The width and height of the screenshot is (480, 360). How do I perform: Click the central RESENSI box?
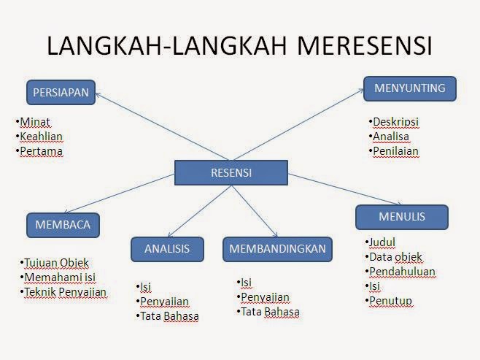pyautogui.click(x=231, y=172)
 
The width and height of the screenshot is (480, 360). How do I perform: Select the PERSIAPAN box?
pyautogui.click(x=61, y=92)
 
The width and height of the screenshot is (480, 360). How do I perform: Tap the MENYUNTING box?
pyautogui.click(x=410, y=88)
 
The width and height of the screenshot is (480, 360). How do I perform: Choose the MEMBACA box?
pyautogui.click(x=63, y=225)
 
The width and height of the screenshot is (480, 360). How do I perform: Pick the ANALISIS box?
pyautogui.click(x=167, y=249)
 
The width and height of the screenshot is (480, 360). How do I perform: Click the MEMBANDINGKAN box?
pyautogui.click(x=277, y=249)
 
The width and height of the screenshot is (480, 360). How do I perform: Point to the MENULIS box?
pyautogui.click(x=402, y=217)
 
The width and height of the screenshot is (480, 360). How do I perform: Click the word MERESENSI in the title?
pyautogui.click(x=364, y=46)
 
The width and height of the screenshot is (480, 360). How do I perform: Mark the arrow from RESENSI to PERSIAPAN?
pyautogui.click(x=162, y=126)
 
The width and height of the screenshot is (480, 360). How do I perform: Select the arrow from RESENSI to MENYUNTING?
pyautogui.click(x=298, y=124)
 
